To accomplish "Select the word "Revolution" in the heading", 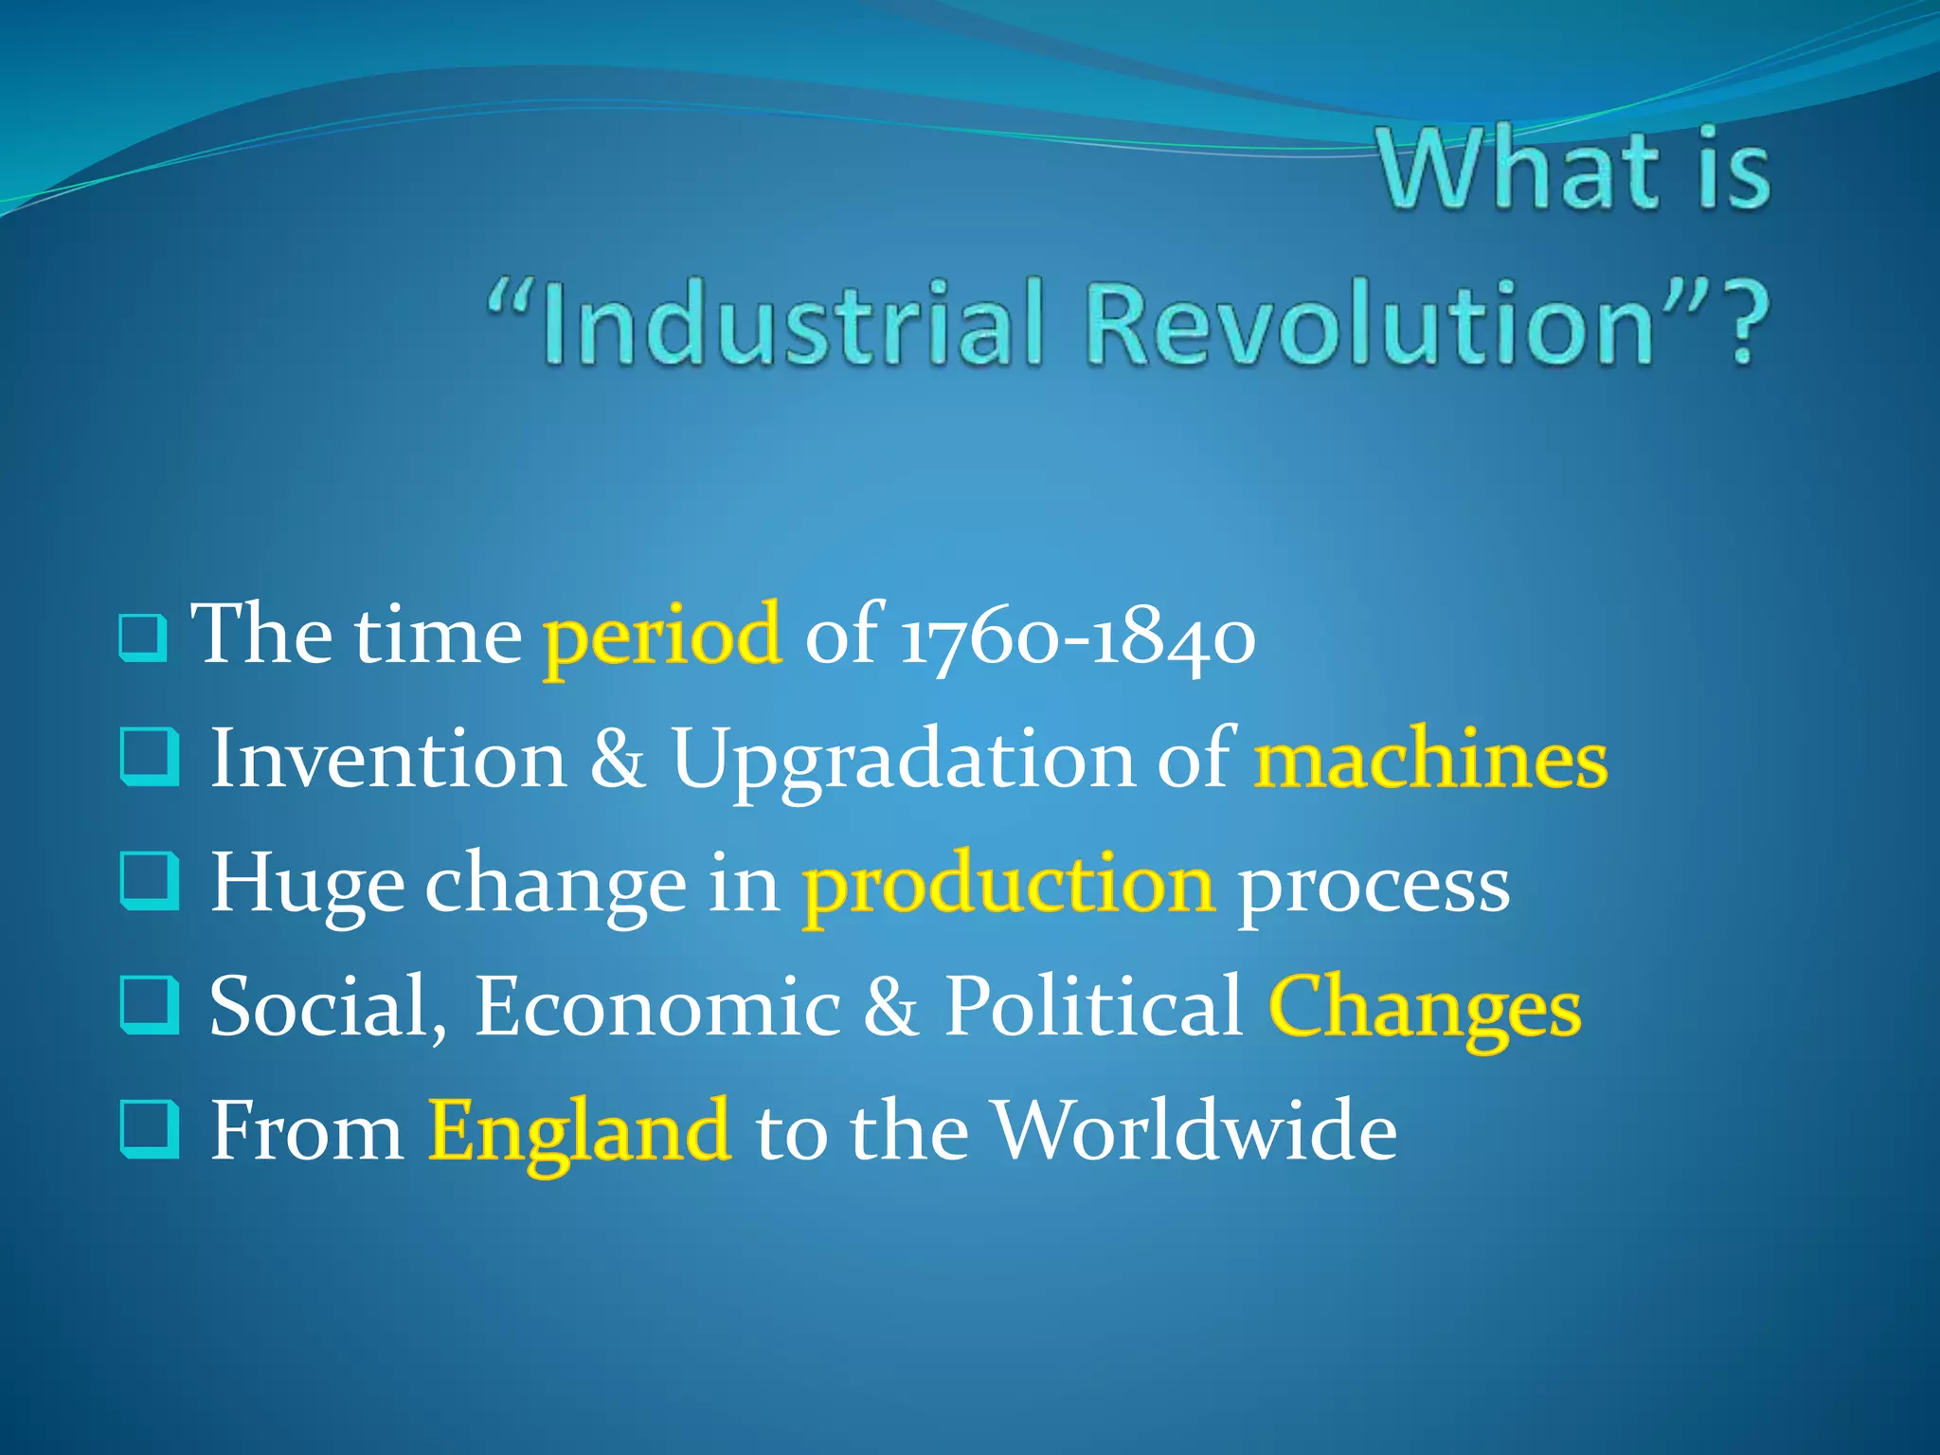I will pyautogui.click(x=1368, y=324).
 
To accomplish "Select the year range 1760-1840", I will pyautogui.click(x=1078, y=637).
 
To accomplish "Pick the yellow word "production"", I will pyautogui.click(x=1008, y=885).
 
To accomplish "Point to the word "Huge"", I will pyautogui.click(x=306, y=885).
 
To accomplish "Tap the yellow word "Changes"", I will pyautogui.click(x=1424, y=1008).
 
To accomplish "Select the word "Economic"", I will pyautogui.click(x=656, y=1006).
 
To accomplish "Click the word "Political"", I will pyautogui.click(x=1093, y=1006).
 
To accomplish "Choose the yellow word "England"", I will pyautogui.click(x=579, y=1131).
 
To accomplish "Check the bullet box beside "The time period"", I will pyautogui.click(x=143, y=638).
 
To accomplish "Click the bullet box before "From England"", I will pyautogui.click(x=150, y=1129).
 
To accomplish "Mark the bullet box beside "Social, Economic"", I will pyautogui.click(x=150, y=1005).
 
